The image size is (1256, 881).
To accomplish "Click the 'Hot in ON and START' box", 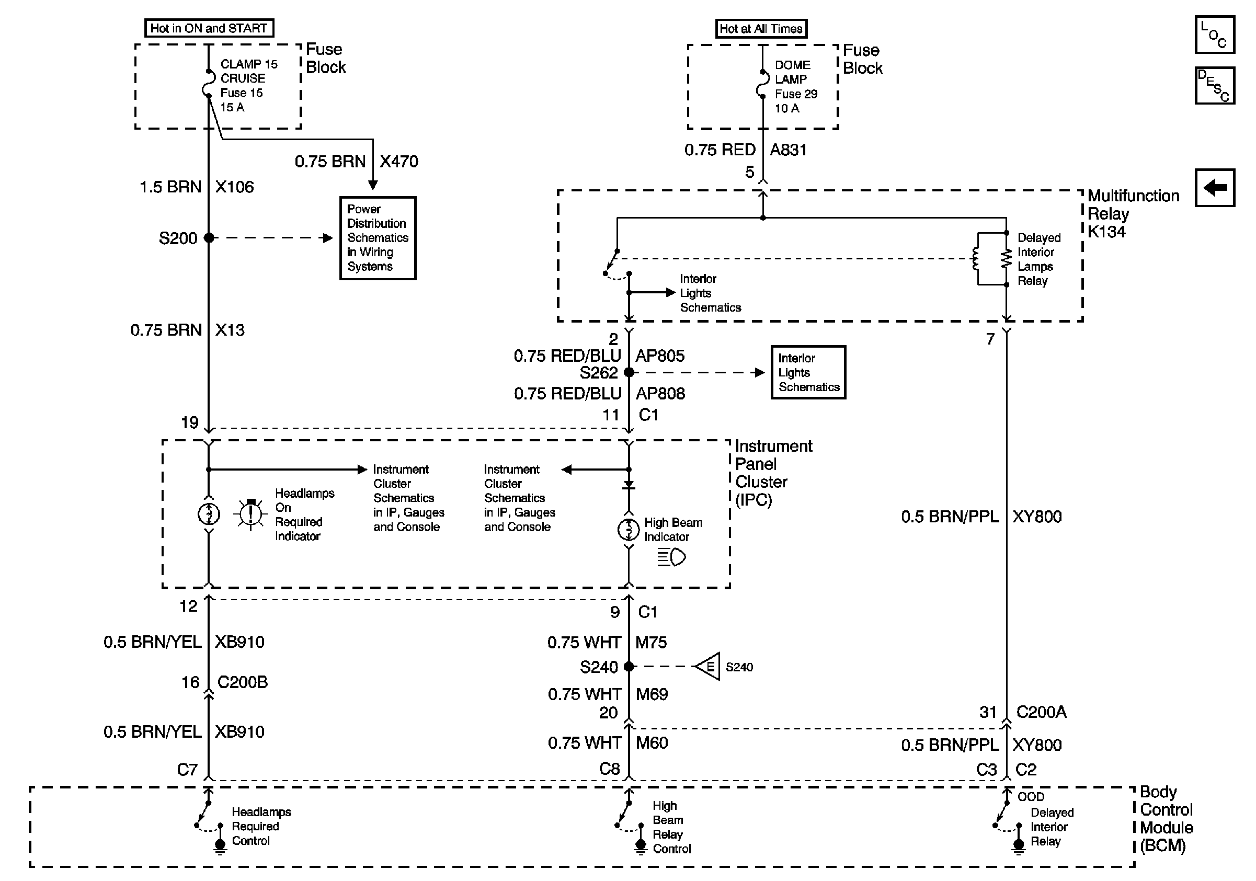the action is (209, 28).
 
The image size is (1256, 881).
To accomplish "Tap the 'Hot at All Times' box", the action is (761, 28).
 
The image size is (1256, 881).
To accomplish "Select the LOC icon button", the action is (1214, 35).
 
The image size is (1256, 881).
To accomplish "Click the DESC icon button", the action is (1214, 85).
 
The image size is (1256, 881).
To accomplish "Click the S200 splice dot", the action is (209, 238).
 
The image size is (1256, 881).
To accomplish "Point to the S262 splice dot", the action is (629, 372).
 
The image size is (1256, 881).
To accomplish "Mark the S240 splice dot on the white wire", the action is (629, 667).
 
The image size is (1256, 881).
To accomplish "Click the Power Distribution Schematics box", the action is (378, 238).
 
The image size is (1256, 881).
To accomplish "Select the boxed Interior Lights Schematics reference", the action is (808, 372).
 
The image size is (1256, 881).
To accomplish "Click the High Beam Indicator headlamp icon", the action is (672, 558).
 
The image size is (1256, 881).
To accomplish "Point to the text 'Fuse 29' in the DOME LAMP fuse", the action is (796, 94).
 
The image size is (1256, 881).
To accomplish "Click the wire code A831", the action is (789, 150).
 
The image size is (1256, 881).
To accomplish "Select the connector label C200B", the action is (242, 682).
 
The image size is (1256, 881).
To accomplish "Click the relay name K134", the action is (1106, 232).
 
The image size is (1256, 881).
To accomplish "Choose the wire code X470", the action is (399, 162).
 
